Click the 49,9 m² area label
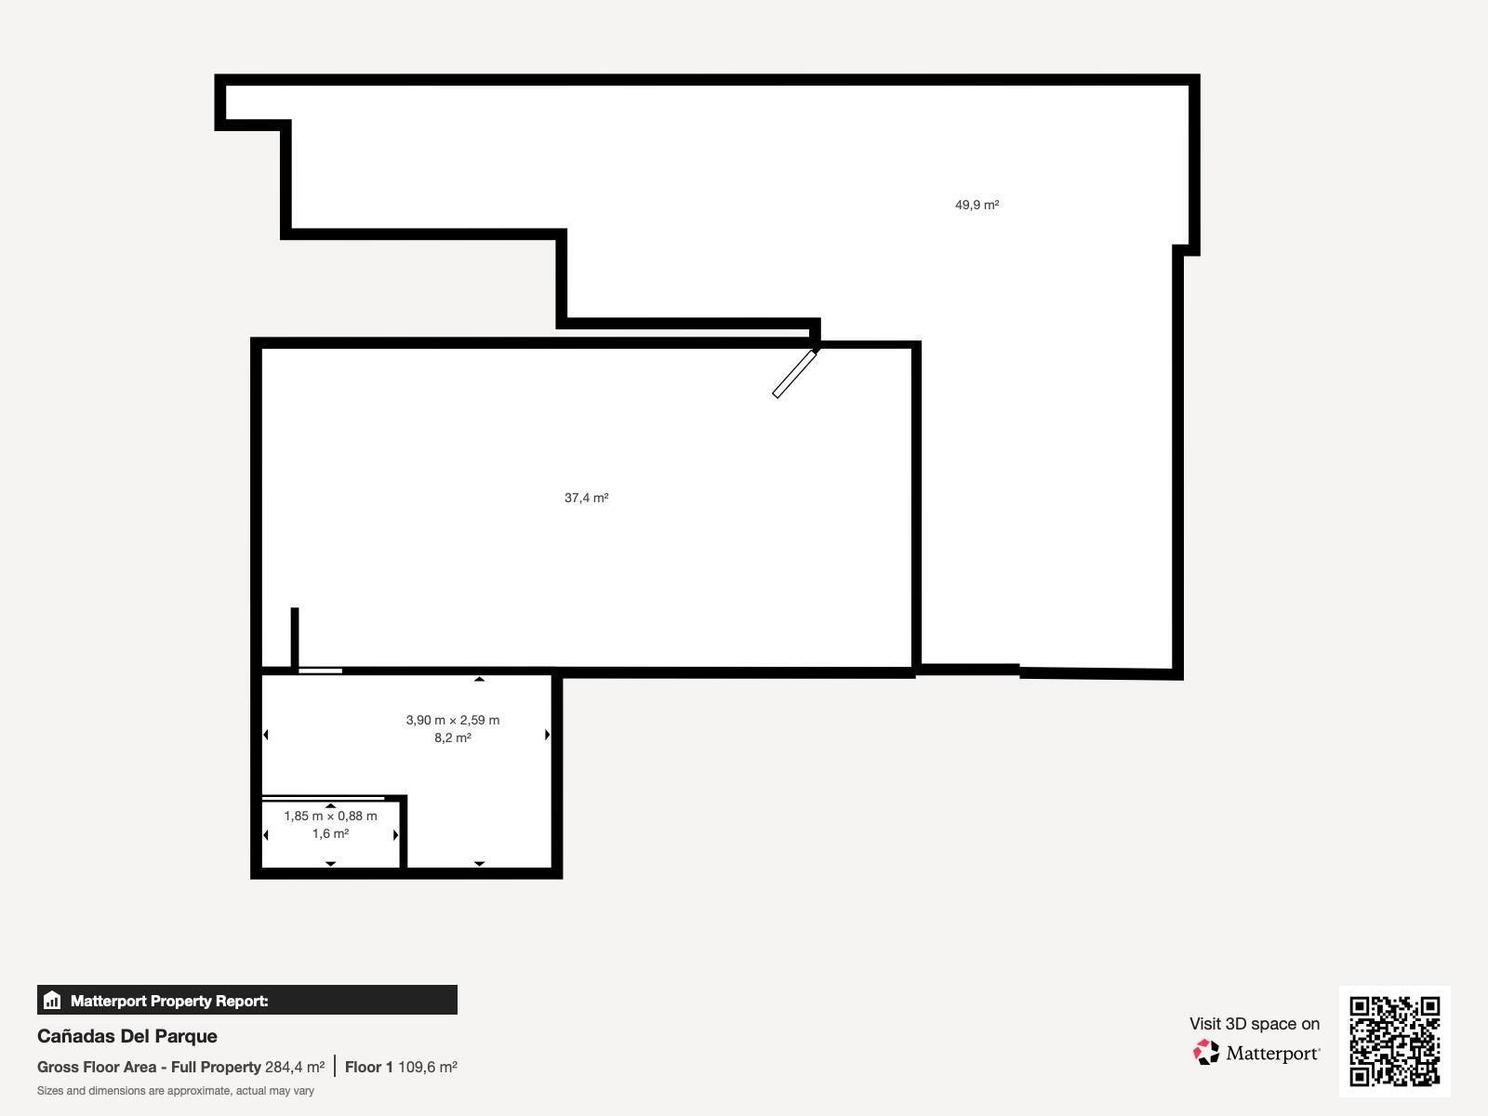tap(976, 205)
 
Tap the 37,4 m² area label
tap(586, 498)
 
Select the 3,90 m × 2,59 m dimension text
tap(452, 720)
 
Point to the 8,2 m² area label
tap(452, 737)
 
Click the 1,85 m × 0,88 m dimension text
tap(330, 816)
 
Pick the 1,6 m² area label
tap(330, 833)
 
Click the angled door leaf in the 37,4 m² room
tap(794, 374)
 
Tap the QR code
tap(1394, 1041)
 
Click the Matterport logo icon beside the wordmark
tap(1206, 1052)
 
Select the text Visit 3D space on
tap(1254, 1023)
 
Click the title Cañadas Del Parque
tap(127, 1036)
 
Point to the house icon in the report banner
tap(52, 1001)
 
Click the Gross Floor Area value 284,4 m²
tap(295, 1067)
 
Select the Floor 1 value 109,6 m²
tap(427, 1067)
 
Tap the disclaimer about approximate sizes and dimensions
tap(176, 1091)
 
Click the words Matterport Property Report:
tap(169, 1001)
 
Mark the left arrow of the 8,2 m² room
tap(266, 735)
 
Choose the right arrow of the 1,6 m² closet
tap(395, 835)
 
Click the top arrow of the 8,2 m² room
tap(479, 679)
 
